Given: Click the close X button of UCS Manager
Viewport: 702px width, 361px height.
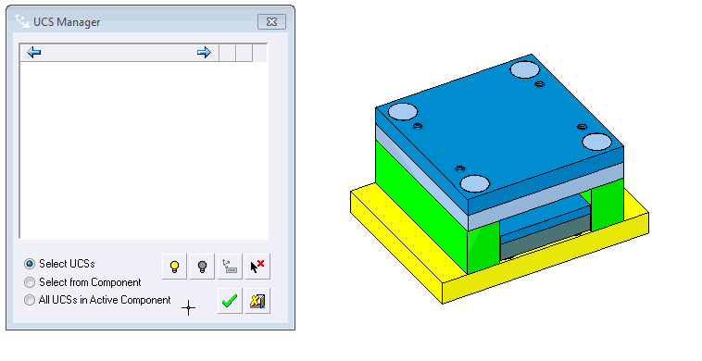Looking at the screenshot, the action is (271, 22).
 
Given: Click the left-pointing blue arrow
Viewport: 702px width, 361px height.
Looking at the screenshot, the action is (34, 53).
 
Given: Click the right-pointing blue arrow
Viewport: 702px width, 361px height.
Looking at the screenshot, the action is (204, 53).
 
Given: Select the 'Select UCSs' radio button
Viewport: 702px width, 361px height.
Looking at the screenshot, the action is (30, 264).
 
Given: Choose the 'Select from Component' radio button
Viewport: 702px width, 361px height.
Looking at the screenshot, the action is (30, 282).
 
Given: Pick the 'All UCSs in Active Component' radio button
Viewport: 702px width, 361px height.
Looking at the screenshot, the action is (30, 300).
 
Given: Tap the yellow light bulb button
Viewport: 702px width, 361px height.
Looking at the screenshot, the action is (175, 267).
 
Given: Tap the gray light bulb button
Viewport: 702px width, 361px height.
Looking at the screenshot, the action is (203, 267).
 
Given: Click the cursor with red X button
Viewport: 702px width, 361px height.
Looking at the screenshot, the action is (257, 267).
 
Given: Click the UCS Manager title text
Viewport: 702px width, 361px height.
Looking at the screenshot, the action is (67, 22).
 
